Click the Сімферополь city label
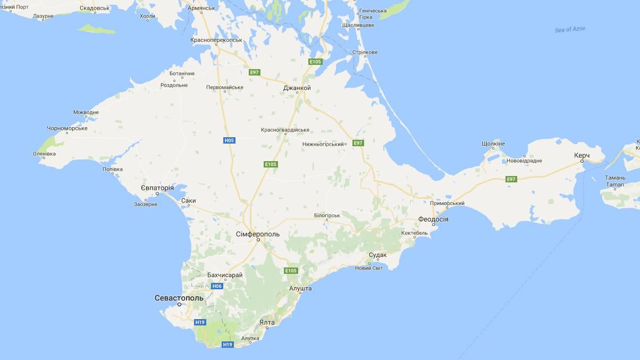[258, 234]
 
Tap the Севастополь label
[179, 298]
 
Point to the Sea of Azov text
[570, 29]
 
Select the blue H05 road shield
[229, 140]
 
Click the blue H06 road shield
[216, 286]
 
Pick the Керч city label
[582, 155]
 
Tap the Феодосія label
[433, 219]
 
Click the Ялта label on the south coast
[267, 322]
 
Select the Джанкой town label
[297, 88]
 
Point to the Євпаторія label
[157, 188]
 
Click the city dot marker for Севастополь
[180, 305]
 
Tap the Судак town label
[377, 255]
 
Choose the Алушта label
[300, 288]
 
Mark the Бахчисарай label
[225, 275]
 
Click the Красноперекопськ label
[216, 40]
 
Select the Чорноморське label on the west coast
[67, 128]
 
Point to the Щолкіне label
[493, 144]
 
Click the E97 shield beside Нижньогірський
[358, 143]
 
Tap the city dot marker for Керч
[582, 161]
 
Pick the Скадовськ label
[95, 9]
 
